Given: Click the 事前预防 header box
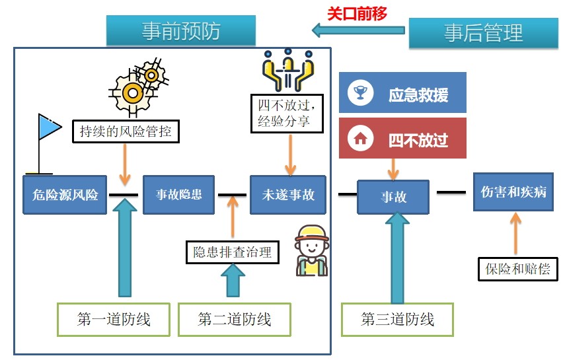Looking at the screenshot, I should [x=181, y=31].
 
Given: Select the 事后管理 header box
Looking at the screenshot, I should [x=484, y=32].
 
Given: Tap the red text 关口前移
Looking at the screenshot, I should [x=357, y=13].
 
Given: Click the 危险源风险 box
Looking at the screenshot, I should [x=65, y=194].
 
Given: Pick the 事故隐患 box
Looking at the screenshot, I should [x=178, y=194].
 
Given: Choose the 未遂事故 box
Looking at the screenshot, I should [x=287, y=194].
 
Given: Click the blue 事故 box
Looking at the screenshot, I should [x=393, y=197].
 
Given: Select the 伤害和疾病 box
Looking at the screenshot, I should [x=513, y=192].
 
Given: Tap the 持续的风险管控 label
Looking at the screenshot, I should [x=126, y=131].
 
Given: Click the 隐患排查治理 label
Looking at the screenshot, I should [x=232, y=252].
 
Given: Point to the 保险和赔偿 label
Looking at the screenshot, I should [x=517, y=269].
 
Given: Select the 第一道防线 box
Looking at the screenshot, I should [x=114, y=320].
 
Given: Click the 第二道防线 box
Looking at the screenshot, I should [x=235, y=320].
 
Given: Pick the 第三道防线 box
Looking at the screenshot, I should [x=397, y=320].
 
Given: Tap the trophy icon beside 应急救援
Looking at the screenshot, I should [x=360, y=93].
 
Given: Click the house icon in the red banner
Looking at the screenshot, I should [x=360, y=139].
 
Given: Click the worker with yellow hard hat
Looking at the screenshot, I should [x=311, y=251].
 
